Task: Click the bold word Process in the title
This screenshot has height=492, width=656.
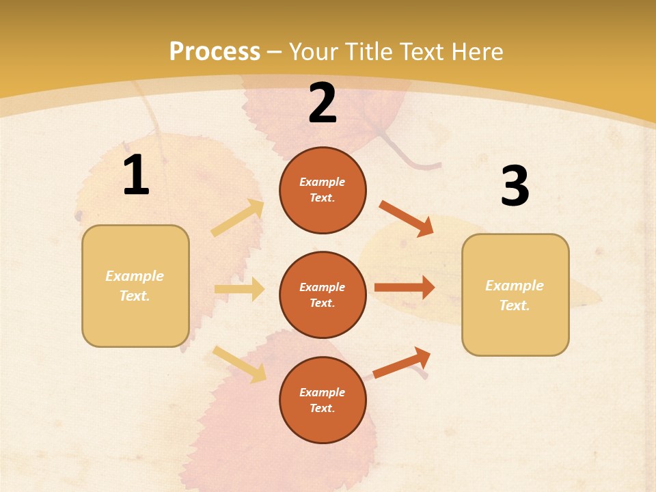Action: [215, 51]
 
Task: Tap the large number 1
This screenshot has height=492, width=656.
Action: [136, 175]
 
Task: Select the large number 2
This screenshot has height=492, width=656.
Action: [323, 104]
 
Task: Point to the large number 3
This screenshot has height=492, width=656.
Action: [515, 186]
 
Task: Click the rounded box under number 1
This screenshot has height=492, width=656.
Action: [135, 286]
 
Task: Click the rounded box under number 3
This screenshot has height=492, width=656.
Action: [515, 295]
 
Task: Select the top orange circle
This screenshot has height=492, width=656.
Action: [323, 190]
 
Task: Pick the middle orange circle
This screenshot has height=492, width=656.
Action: [323, 295]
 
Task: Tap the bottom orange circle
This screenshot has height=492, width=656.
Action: [323, 400]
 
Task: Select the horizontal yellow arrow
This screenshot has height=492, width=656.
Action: [239, 289]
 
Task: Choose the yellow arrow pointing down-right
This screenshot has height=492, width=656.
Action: [240, 364]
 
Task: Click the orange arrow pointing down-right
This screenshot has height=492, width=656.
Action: [407, 219]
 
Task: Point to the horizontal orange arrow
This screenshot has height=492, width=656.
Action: [405, 288]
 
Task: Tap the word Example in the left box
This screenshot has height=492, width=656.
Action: [135, 276]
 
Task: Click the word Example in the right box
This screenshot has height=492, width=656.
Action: [515, 286]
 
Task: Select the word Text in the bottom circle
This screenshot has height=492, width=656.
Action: [321, 409]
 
